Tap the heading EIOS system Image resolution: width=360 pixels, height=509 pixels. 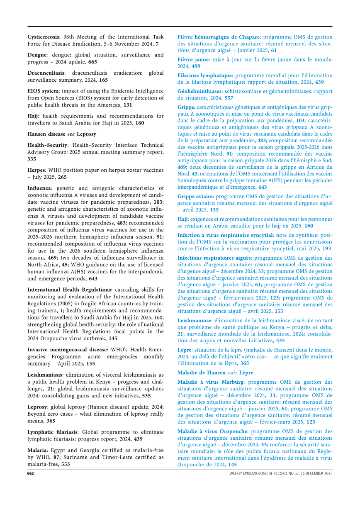tap(43, 91)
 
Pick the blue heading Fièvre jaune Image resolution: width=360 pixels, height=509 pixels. tap(193, 60)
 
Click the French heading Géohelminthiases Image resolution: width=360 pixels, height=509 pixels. tap(199, 91)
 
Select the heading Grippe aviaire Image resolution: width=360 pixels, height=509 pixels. tap(195, 196)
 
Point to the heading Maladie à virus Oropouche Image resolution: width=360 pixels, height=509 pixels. tap(212, 431)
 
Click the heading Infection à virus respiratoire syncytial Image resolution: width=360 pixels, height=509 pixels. tap(224, 235)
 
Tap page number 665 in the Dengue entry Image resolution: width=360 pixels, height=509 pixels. tap(93, 62)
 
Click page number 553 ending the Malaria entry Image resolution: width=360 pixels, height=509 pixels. tap(65, 464)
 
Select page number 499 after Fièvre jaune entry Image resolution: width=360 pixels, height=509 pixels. tap(196, 66)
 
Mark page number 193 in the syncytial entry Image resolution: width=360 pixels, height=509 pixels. tap(327, 248)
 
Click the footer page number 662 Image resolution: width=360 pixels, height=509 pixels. tap(31, 474)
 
